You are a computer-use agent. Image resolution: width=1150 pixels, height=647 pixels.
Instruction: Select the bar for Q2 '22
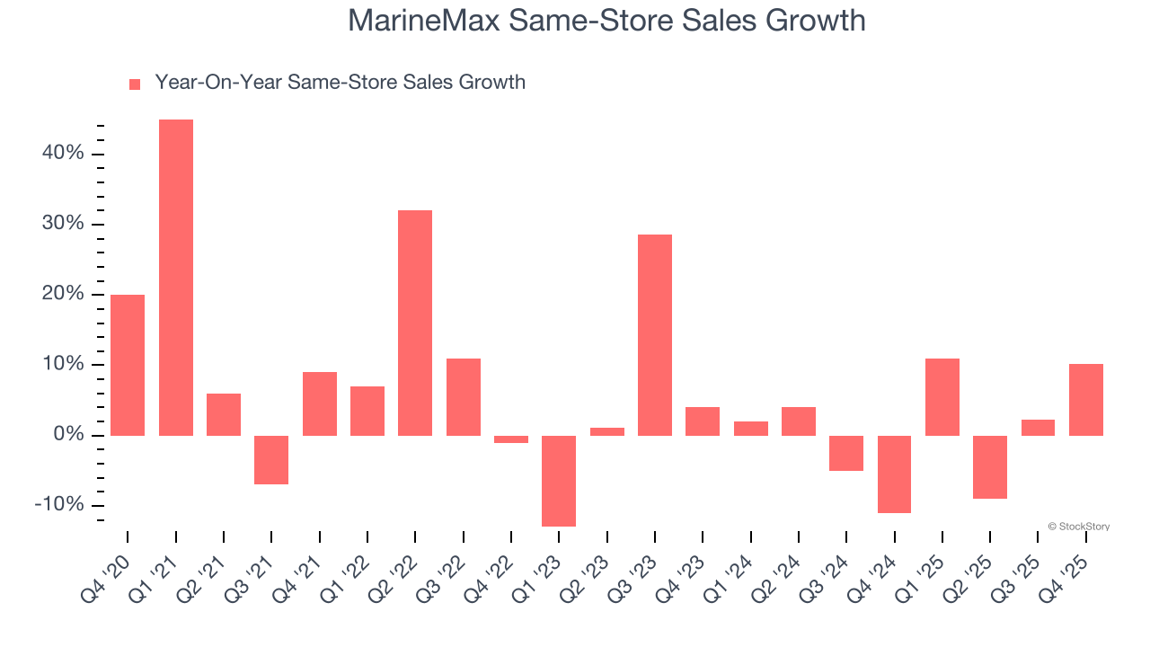(415, 323)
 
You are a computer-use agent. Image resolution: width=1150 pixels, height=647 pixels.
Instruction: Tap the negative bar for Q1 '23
(559, 481)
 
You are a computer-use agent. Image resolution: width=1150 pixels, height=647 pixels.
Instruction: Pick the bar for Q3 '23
(655, 334)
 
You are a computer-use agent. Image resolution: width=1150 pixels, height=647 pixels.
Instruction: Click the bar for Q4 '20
(128, 365)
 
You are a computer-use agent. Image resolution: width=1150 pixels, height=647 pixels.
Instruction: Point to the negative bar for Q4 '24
(895, 474)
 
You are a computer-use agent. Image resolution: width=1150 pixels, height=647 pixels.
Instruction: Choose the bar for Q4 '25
(1086, 399)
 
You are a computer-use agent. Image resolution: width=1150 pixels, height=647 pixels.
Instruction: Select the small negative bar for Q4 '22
(511, 439)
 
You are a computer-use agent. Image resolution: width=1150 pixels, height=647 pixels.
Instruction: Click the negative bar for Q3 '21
(271, 460)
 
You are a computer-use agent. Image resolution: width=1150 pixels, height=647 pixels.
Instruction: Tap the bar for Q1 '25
(942, 396)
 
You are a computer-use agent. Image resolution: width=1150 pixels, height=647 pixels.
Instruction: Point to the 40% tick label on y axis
(63, 154)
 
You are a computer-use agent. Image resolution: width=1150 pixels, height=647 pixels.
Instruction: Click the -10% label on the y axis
(59, 505)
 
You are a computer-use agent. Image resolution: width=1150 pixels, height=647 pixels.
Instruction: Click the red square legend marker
(135, 84)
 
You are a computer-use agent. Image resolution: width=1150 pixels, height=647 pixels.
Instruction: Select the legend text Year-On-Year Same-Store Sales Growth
(340, 83)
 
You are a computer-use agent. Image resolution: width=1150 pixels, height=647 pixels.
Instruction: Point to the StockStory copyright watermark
(1078, 527)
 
